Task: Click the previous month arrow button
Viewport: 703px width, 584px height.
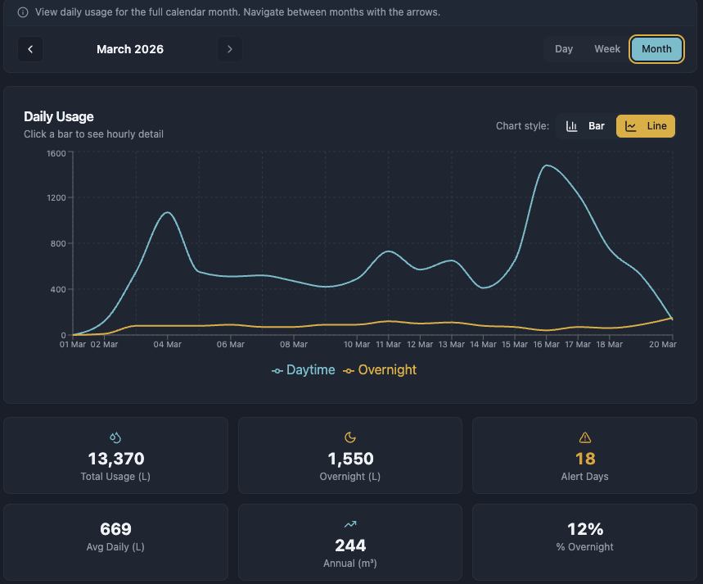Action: pyautogui.click(x=30, y=49)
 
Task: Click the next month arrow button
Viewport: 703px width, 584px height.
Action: pyautogui.click(x=230, y=49)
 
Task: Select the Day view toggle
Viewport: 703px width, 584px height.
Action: pyautogui.click(x=564, y=49)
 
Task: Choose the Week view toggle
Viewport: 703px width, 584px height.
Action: pyautogui.click(x=607, y=49)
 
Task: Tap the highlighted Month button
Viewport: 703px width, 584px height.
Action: pyautogui.click(x=656, y=49)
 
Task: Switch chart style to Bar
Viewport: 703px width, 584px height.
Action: pyautogui.click(x=586, y=126)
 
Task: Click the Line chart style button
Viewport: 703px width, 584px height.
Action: pyautogui.click(x=646, y=126)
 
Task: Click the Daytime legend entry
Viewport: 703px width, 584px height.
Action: pyautogui.click(x=304, y=370)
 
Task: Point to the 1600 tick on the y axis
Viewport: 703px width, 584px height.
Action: pyautogui.click(x=56, y=152)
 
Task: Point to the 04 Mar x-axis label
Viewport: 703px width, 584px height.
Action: pyautogui.click(x=168, y=345)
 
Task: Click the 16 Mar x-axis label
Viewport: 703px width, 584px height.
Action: pyautogui.click(x=546, y=345)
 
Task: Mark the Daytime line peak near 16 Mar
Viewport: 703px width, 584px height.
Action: pyautogui.click(x=546, y=165)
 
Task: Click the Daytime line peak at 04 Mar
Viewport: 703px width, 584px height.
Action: pyautogui.click(x=168, y=213)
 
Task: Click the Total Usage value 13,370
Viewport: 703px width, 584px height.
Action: pyautogui.click(x=115, y=459)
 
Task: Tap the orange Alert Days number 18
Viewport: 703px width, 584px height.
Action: pyautogui.click(x=585, y=459)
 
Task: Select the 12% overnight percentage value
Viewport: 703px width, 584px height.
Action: pyautogui.click(x=585, y=529)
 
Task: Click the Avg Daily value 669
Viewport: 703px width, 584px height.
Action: pyautogui.click(x=115, y=529)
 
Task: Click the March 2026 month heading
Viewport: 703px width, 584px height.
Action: pyautogui.click(x=130, y=49)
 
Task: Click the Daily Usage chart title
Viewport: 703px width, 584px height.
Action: pyautogui.click(x=59, y=116)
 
